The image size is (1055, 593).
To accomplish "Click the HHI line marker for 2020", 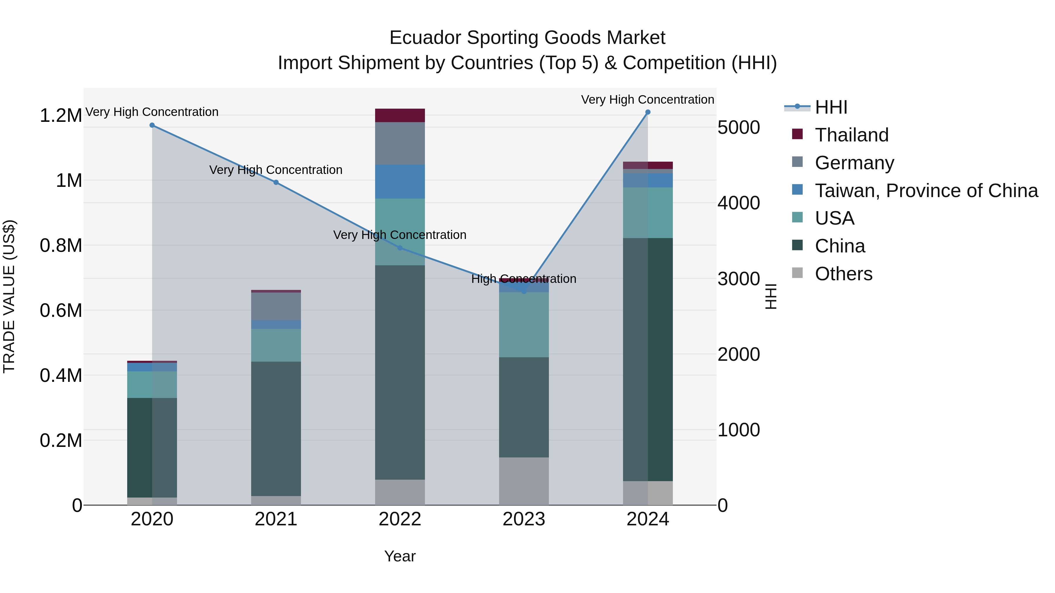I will (152, 125).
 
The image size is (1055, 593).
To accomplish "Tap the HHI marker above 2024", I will (647, 112).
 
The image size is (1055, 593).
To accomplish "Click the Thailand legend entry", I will (851, 135).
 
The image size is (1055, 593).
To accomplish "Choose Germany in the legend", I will (854, 163).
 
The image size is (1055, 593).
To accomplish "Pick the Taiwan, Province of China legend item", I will (926, 191).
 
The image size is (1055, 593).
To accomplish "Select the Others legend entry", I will (843, 274).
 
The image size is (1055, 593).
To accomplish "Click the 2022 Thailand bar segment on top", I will (400, 115).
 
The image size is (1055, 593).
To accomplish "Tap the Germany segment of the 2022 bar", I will (400, 143).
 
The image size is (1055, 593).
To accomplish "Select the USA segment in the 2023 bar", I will (524, 324).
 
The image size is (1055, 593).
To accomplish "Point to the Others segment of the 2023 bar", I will (524, 481).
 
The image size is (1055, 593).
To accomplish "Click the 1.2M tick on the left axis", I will (61, 116).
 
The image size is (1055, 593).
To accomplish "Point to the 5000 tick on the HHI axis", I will (738, 128).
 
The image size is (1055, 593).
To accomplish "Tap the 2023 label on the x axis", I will (524, 519).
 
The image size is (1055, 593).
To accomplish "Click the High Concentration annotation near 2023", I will (524, 279).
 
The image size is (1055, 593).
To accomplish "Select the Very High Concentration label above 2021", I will (276, 170).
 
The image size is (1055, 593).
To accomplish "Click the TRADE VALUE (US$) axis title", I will (9, 296).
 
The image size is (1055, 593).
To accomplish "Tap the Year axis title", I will (400, 556).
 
